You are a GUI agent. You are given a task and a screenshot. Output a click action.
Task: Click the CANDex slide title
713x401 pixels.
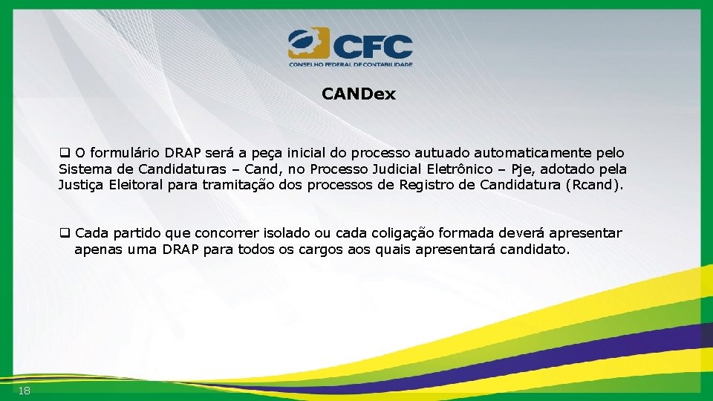(359, 94)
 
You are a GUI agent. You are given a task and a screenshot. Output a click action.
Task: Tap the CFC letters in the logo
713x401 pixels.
(373, 46)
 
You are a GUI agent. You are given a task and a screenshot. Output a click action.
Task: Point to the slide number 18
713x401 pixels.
(25, 391)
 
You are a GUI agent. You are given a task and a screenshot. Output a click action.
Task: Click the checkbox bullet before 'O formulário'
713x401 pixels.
(65, 153)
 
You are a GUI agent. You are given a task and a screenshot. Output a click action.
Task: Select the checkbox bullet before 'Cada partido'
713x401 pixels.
(65, 233)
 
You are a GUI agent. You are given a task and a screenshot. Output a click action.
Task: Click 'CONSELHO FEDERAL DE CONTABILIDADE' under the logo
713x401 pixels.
(351, 65)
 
